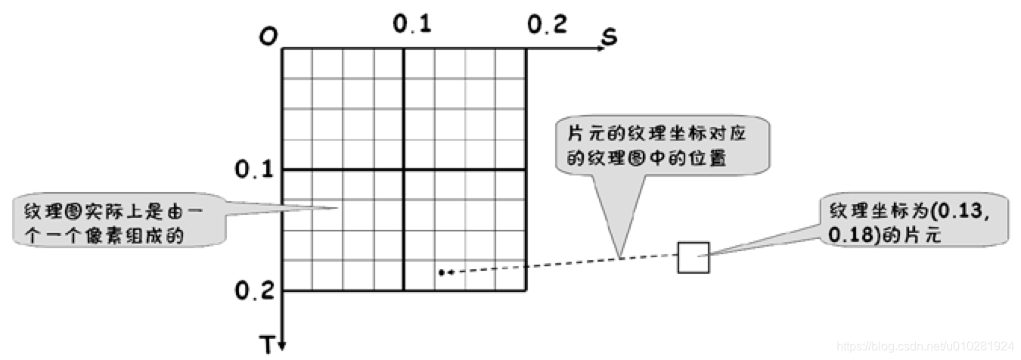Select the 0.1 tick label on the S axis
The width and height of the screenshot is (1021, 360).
tap(412, 25)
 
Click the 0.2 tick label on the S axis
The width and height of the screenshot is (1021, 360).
tap(546, 25)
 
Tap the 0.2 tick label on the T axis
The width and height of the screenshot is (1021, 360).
tap(253, 290)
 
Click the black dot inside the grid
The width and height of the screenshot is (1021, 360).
tap(441, 272)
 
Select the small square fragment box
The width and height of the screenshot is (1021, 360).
tap(693, 257)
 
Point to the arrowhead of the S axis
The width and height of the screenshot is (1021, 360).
tap(600, 48)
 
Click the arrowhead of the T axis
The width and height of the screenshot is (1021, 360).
tap(282, 346)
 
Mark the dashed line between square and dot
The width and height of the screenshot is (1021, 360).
tap(567, 263)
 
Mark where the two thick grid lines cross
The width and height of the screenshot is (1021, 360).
tap(404, 170)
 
